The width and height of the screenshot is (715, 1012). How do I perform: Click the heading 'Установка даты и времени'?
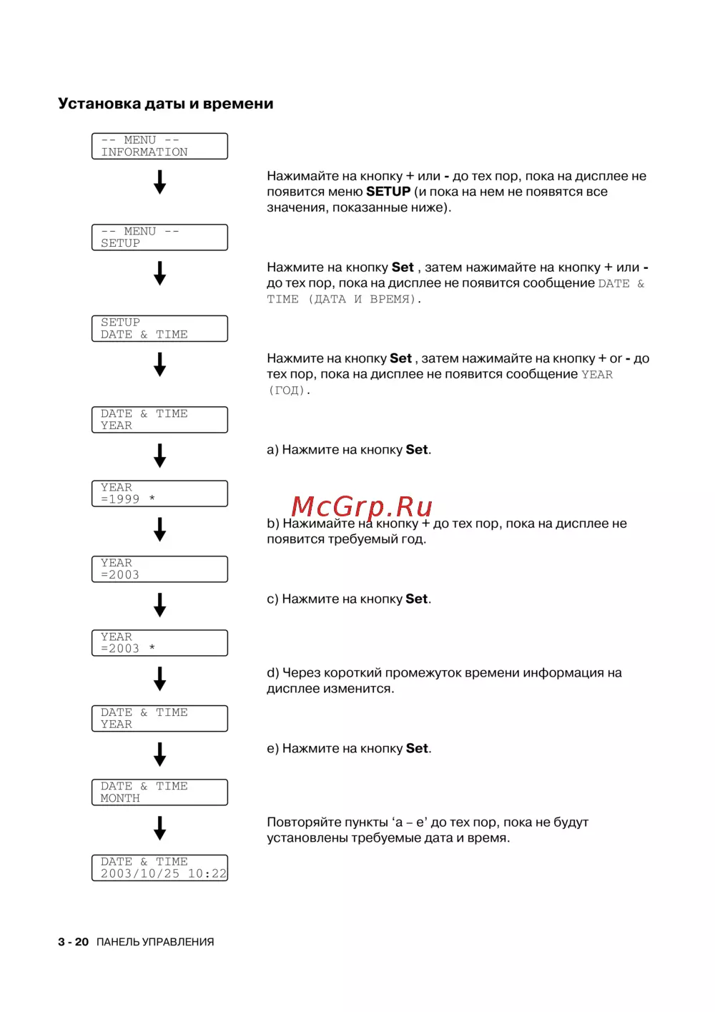click(x=165, y=104)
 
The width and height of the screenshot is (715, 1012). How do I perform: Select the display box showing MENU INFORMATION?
click(x=159, y=146)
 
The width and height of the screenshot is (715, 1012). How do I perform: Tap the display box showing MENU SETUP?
click(x=159, y=237)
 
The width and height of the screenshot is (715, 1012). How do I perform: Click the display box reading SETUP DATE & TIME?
click(x=159, y=328)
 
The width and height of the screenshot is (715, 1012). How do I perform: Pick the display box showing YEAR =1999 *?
click(x=159, y=493)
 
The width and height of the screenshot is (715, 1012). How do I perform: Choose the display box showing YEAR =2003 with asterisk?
click(x=159, y=643)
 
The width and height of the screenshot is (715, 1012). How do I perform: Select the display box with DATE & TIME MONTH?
click(x=159, y=792)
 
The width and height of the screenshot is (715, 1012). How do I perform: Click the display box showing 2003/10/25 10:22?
click(x=159, y=868)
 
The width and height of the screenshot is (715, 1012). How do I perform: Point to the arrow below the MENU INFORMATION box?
click(x=159, y=182)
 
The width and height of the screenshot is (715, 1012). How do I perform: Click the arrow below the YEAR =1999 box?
click(x=159, y=530)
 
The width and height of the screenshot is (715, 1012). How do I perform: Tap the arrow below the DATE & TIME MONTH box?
click(x=159, y=829)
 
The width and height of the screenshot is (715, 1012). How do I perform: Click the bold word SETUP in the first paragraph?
click(x=388, y=192)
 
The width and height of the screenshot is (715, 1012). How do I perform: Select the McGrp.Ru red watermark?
click(x=362, y=506)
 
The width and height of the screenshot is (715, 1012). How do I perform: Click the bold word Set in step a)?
click(x=417, y=450)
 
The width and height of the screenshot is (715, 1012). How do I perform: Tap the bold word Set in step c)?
click(x=417, y=599)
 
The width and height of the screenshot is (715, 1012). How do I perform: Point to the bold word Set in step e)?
click(x=418, y=749)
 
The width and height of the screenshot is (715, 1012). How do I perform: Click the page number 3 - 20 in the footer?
click(x=73, y=942)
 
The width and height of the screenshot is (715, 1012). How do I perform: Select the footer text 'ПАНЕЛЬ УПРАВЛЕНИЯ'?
click(x=155, y=942)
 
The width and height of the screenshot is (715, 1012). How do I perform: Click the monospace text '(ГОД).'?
click(x=289, y=390)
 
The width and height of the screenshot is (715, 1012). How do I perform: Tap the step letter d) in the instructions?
click(x=273, y=673)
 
